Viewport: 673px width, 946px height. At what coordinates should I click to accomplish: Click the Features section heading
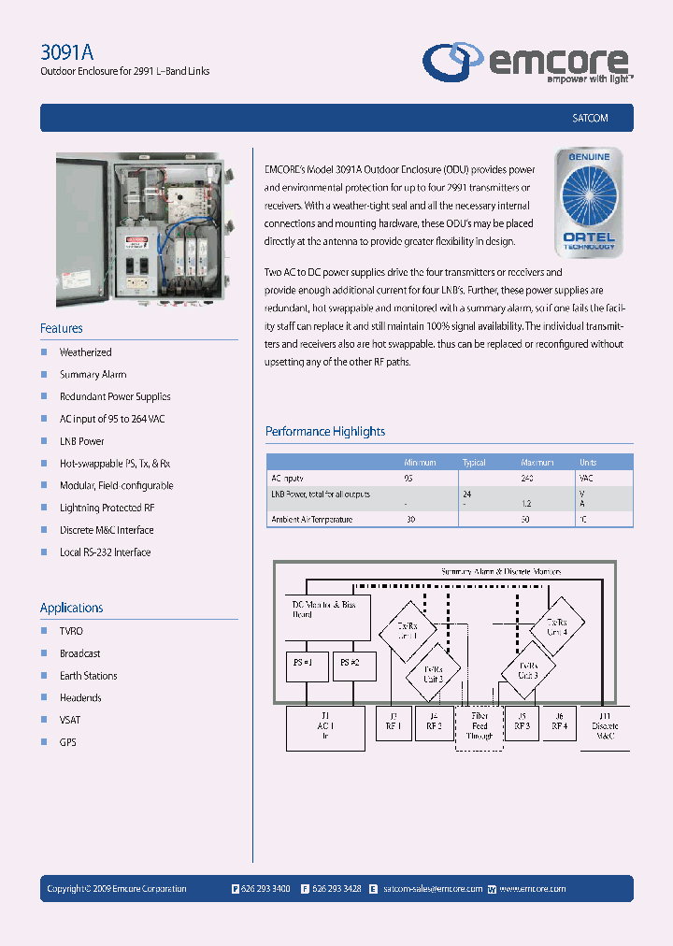tap(62, 328)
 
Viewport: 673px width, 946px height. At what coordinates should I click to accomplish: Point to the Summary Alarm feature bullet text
tap(93, 375)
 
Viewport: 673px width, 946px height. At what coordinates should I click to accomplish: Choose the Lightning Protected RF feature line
tap(107, 508)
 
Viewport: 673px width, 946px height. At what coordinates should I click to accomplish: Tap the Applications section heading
tap(72, 608)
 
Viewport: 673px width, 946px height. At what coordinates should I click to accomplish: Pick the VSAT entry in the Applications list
tap(70, 720)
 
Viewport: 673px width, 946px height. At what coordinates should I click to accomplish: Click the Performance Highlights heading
tap(325, 431)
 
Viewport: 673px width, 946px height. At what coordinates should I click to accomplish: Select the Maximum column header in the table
tap(537, 463)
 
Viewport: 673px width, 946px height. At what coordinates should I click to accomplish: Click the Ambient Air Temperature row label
tap(311, 519)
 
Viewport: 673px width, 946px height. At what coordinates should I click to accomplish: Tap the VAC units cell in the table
tap(587, 478)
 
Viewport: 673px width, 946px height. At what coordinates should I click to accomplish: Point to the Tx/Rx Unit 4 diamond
tap(557, 626)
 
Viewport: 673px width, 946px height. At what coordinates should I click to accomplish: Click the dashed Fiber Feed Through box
tap(480, 724)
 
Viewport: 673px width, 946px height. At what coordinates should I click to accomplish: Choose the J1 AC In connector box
tap(324, 725)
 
